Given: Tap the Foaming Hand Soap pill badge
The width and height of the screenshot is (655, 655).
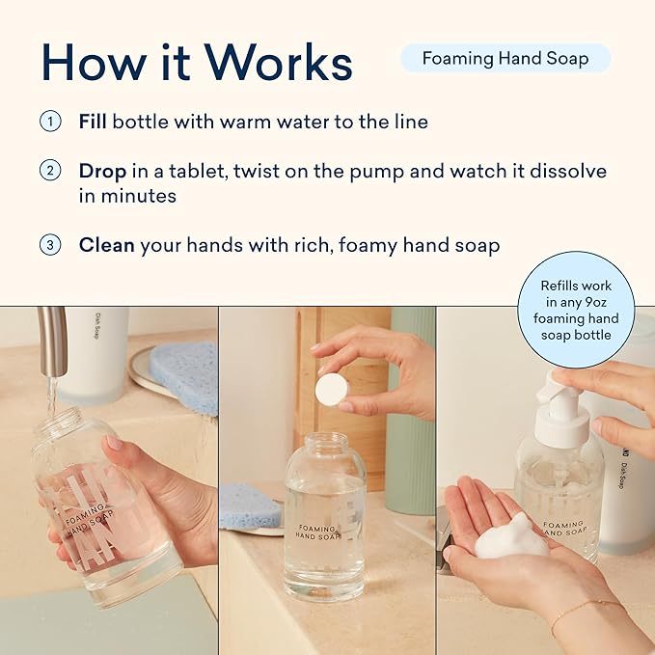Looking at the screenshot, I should click(x=505, y=58).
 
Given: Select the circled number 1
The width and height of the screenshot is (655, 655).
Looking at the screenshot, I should click(x=49, y=123).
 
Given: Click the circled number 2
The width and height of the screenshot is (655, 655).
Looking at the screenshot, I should click(x=49, y=171).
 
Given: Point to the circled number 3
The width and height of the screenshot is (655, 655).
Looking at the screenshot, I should click(x=49, y=245).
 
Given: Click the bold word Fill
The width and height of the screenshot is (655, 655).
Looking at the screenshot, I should click(x=94, y=123).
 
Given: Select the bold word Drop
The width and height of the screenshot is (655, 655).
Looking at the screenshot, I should click(x=102, y=171).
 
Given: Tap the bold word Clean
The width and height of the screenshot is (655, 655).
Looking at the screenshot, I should click(x=106, y=245).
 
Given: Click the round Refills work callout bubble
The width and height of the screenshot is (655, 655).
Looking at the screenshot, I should click(x=575, y=309).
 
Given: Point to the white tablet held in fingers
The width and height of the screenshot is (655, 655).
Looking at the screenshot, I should click(x=332, y=389).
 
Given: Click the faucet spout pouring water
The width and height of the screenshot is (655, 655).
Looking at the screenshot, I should click(x=54, y=341).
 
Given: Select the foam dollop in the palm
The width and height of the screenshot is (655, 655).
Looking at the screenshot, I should click(x=511, y=536).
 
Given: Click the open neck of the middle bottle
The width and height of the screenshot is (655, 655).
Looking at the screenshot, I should click(x=325, y=441).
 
